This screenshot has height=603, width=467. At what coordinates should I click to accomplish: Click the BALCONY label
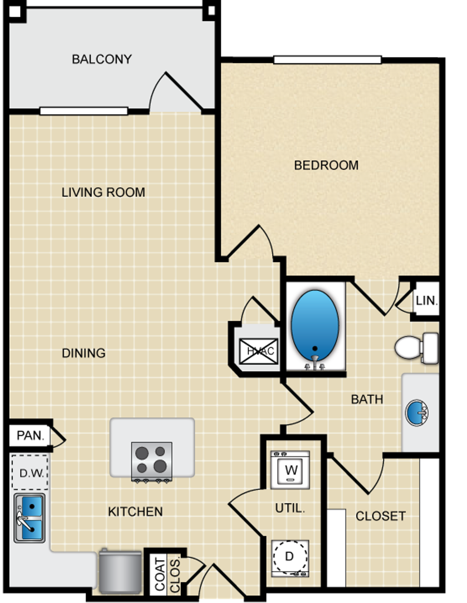102,59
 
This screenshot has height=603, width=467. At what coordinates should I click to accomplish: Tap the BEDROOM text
326,165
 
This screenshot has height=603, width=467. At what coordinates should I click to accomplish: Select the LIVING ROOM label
103,192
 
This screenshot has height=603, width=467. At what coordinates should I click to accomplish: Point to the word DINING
84,353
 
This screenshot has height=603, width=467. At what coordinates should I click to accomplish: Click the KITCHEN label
135,512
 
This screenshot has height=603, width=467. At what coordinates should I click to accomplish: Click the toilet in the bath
416,348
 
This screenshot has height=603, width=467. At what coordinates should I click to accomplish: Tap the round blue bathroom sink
417,413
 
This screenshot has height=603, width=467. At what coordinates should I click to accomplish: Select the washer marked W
290,470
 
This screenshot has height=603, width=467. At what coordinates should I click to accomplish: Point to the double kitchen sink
30,518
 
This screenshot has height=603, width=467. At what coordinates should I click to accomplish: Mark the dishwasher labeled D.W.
30,472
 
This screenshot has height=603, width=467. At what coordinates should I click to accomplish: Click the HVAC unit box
258,351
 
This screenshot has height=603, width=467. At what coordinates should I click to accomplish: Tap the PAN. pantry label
30,436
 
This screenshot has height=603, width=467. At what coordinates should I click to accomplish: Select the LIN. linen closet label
426,301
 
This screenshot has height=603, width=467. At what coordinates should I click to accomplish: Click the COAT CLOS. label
167,574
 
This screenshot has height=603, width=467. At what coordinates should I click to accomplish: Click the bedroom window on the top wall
328,60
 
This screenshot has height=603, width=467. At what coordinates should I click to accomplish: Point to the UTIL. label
290,508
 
